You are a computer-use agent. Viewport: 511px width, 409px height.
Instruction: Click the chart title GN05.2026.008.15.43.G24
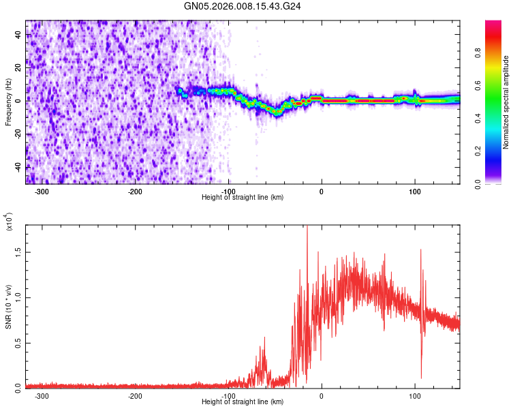click(243, 6)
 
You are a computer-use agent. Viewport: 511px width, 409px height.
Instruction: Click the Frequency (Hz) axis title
click(8, 102)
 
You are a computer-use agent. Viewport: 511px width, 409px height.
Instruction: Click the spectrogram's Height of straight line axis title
click(243, 198)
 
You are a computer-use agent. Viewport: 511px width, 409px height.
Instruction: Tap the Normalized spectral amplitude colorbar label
click(506, 102)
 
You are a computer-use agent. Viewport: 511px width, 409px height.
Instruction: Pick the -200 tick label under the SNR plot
click(135, 395)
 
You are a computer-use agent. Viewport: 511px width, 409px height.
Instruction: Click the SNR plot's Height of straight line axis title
click(243, 402)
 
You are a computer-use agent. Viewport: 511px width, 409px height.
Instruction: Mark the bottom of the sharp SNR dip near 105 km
click(421, 378)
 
